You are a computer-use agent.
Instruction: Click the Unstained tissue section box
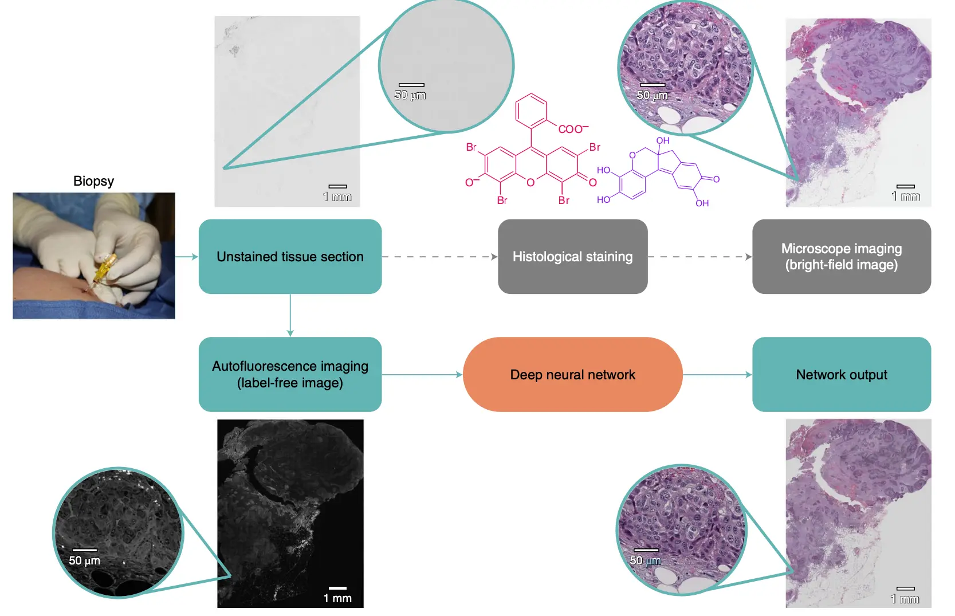pyautogui.click(x=290, y=257)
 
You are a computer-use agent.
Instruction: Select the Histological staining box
pyautogui.click(x=572, y=257)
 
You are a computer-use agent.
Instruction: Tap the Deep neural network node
pyautogui.click(x=572, y=375)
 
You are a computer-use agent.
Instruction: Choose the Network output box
pyautogui.click(x=841, y=375)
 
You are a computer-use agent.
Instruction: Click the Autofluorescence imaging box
pyautogui.click(x=290, y=375)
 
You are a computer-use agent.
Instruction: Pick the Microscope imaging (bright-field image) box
pyautogui.click(x=841, y=257)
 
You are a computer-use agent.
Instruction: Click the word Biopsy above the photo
pyautogui.click(x=93, y=181)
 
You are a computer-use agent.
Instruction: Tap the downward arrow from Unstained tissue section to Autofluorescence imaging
pyautogui.click(x=290, y=315)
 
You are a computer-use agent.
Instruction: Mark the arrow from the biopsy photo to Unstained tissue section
pyautogui.click(x=187, y=257)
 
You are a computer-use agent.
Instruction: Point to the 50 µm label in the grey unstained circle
pyautogui.click(x=410, y=95)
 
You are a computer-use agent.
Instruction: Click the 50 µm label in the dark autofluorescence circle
pyautogui.click(x=85, y=560)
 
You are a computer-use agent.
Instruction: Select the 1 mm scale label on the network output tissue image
pyautogui.click(x=905, y=599)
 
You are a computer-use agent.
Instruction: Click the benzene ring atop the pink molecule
pyautogui.click(x=531, y=111)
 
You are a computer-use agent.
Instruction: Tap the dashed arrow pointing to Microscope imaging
pyautogui.click(x=699, y=257)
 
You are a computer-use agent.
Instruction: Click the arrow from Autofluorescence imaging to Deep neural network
pyautogui.click(x=422, y=375)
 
